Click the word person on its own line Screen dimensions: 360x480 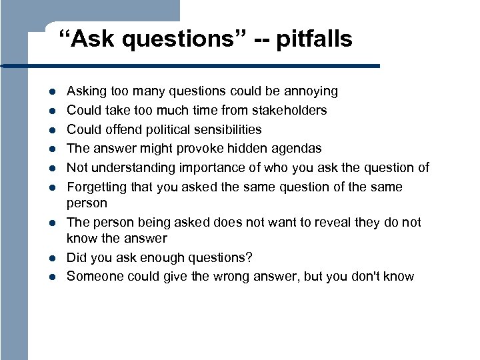point(87,203)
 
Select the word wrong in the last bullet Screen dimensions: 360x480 point(233,276)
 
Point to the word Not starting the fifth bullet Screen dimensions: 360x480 point(77,167)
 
